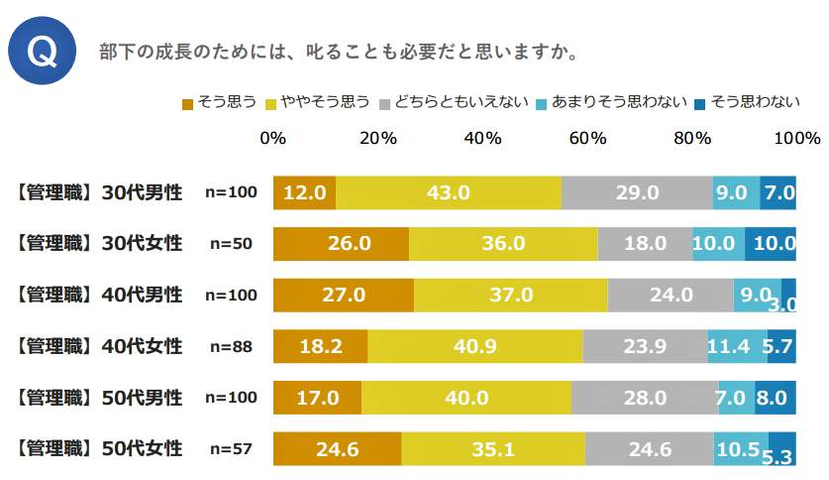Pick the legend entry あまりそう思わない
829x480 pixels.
[613, 102]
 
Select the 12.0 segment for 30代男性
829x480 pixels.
[304, 191]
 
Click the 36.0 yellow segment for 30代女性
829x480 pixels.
[503, 243]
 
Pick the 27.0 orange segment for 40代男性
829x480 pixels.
[343, 295]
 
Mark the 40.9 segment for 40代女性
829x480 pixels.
[474, 346]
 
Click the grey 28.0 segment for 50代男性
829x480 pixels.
[644, 398]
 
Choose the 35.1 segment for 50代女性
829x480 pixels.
[493, 449]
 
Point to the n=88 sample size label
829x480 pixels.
[230, 346]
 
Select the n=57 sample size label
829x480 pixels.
[230, 449]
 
